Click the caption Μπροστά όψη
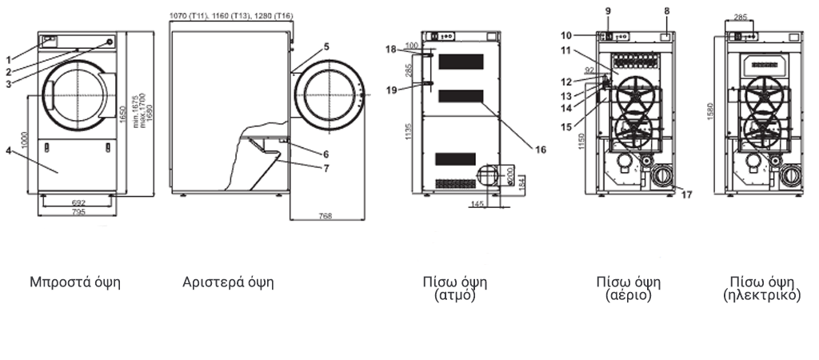coord(75,282)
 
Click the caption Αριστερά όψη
coord(229,282)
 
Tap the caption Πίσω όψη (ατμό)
coord(455,287)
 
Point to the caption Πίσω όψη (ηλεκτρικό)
coord(761,287)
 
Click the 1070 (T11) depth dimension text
coord(189,15)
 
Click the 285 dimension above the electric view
coord(741,15)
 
